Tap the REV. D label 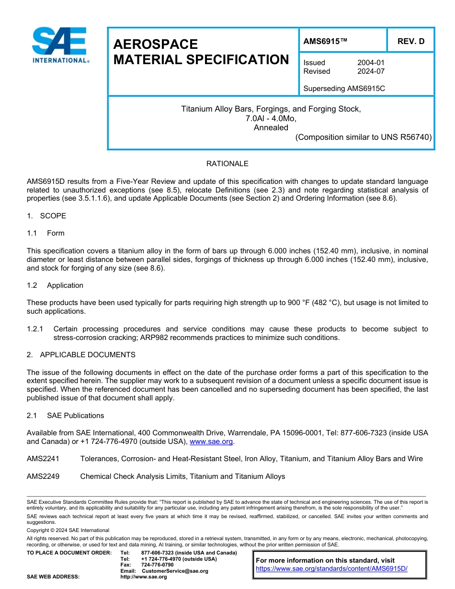410,41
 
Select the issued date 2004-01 371,63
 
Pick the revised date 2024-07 371,71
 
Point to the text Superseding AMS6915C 344,89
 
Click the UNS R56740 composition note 364,137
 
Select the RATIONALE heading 227,164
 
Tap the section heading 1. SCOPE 46,216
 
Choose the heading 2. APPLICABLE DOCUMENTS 81,355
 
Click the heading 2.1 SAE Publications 65,416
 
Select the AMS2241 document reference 43,459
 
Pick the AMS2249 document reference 43,476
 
